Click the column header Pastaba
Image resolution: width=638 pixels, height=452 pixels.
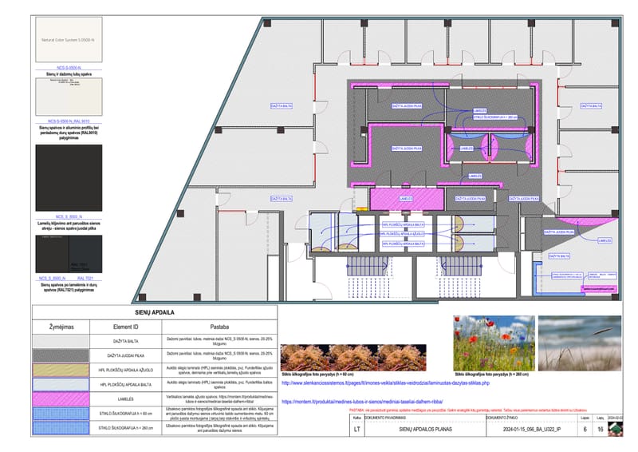tap(220, 327)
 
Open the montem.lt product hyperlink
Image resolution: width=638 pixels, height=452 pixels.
tap(373, 401)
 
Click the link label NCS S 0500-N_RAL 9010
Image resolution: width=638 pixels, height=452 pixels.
tap(67, 121)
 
